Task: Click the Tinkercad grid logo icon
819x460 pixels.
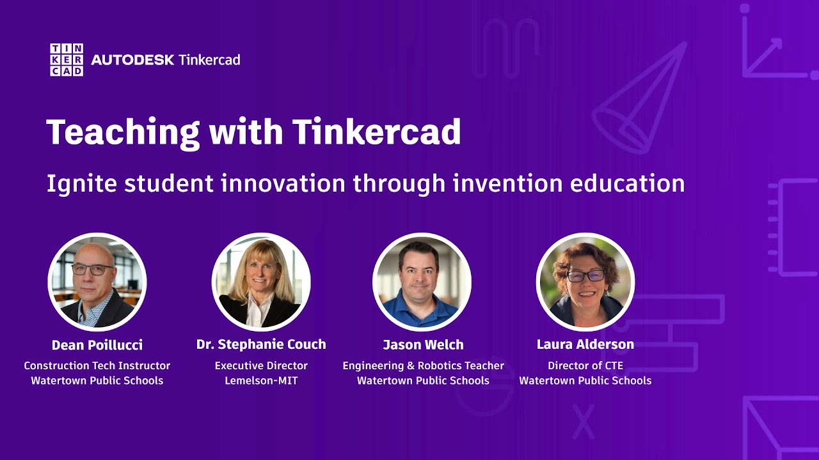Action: point(66,60)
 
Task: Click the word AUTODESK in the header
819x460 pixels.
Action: point(132,60)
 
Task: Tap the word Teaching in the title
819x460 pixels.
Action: point(120,132)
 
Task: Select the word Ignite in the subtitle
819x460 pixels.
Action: point(81,184)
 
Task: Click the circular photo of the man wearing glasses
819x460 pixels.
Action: point(97,282)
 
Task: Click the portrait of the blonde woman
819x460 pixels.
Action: point(261,282)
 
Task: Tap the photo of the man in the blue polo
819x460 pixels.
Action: point(422,282)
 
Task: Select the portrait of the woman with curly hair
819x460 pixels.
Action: point(585,282)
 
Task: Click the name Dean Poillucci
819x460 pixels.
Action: point(97,345)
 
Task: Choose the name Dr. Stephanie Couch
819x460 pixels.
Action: point(261,344)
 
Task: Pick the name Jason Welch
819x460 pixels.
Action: point(423,345)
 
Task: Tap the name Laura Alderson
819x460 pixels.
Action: point(585,344)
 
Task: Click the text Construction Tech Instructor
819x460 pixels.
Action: point(97,366)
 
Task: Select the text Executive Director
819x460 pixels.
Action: point(261,366)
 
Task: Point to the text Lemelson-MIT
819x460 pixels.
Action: point(261,381)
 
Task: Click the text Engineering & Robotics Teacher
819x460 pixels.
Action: point(423,366)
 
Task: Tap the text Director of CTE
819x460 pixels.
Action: point(585,366)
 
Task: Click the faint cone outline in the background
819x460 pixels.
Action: point(640,102)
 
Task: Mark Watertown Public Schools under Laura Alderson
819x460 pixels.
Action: point(585,381)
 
